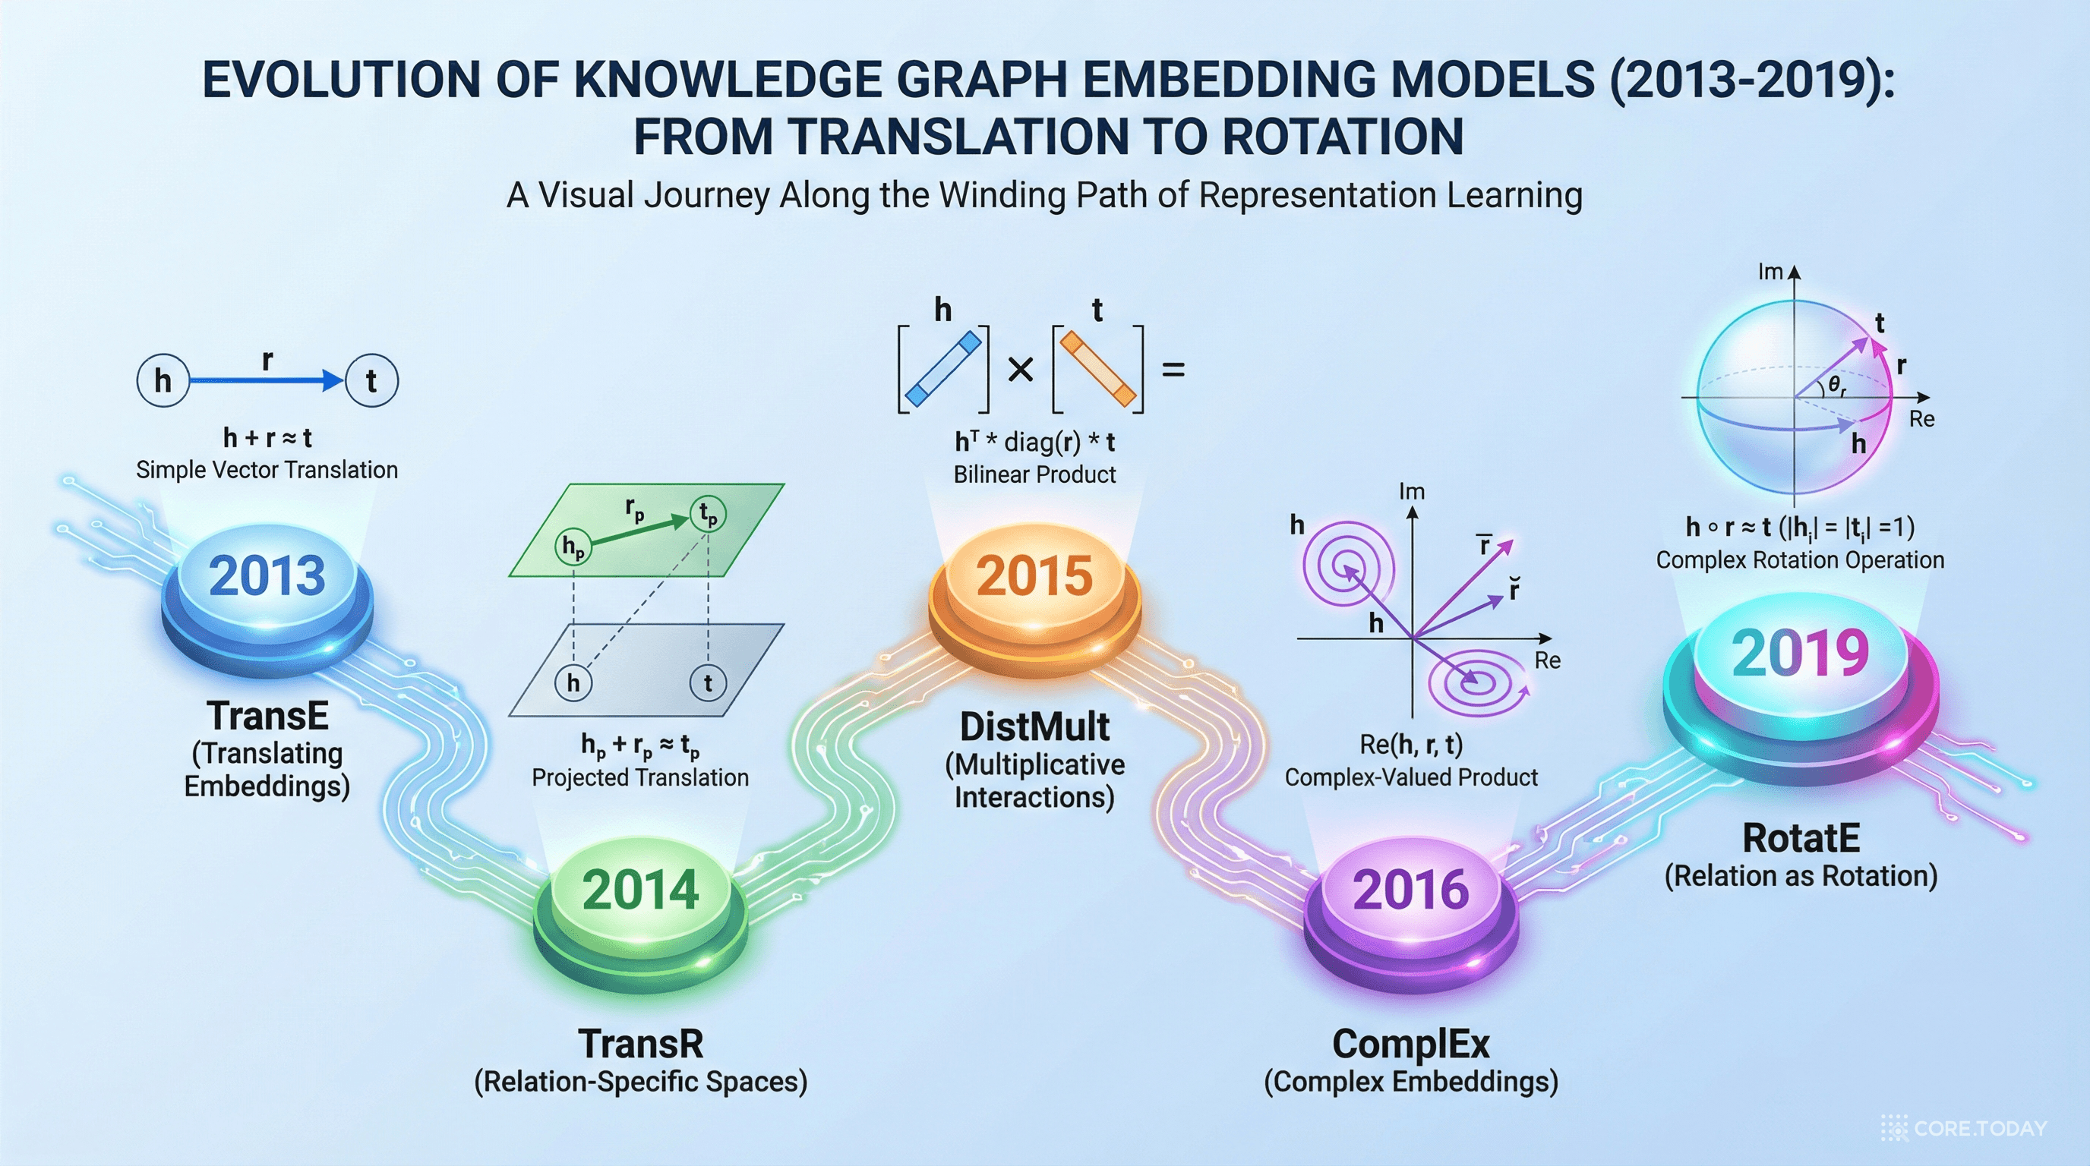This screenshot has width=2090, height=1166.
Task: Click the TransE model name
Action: click(x=268, y=716)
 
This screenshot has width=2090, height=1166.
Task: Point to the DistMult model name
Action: click(x=1034, y=726)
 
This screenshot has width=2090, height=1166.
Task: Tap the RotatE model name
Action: click(x=1801, y=838)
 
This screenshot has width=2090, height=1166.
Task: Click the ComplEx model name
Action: click(x=1411, y=1045)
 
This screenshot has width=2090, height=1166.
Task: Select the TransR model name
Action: click(x=640, y=1045)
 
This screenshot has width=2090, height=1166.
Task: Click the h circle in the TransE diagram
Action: click(x=163, y=380)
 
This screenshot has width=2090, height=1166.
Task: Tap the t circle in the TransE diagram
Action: click(x=371, y=380)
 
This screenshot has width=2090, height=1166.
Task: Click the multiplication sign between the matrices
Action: click(x=1020, y=370)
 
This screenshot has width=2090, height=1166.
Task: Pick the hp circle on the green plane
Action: click(x=573, y=547)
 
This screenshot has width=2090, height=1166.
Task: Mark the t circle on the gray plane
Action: click(x=708, y=682)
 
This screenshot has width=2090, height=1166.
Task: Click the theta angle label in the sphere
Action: click(x=1837, y=387)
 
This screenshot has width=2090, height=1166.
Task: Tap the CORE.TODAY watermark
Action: click(x=1964, y=1128)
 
